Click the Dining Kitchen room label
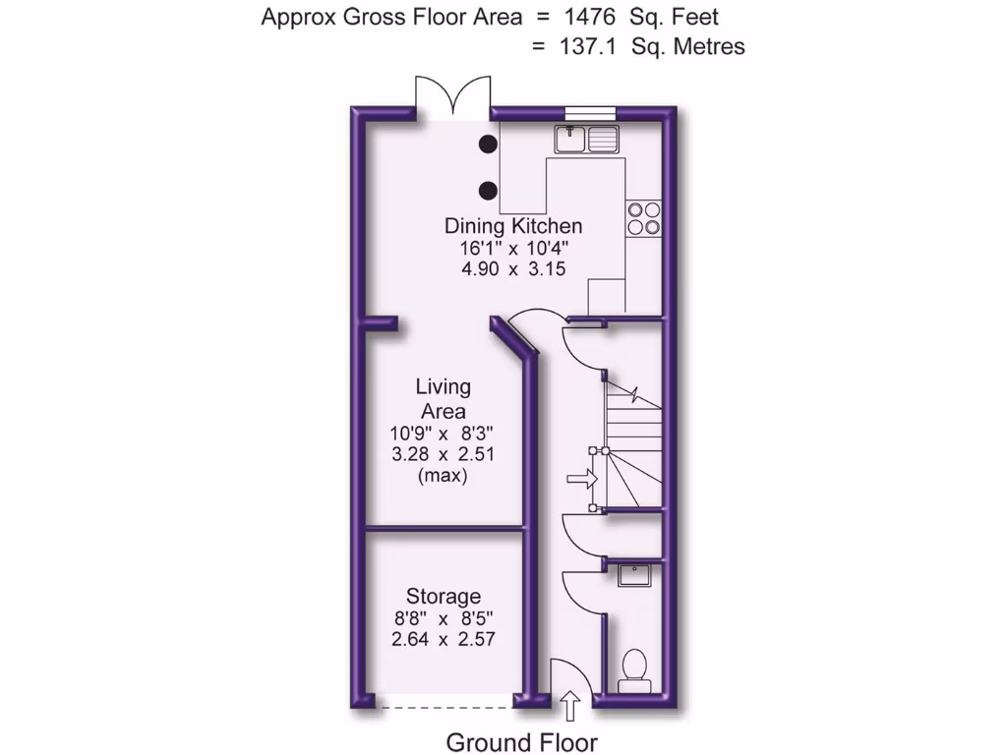513,226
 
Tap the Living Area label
443,399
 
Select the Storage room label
444,596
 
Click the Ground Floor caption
521,742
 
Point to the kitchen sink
585,140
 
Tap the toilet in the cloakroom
632,670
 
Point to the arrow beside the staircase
581,480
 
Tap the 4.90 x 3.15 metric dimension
513,268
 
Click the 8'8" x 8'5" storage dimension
443,618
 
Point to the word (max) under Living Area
443,476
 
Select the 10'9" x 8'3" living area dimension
443,433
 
